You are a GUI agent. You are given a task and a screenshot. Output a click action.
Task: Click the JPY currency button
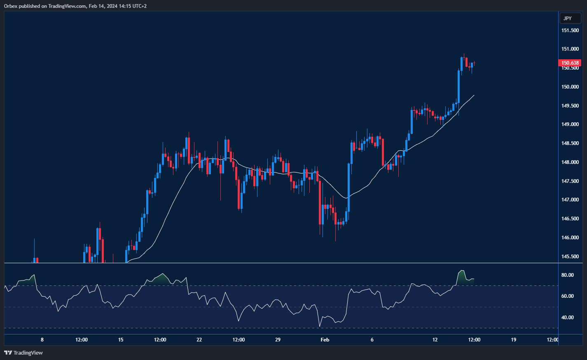[570, 19]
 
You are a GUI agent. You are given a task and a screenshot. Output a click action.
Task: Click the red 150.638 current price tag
[570, 63]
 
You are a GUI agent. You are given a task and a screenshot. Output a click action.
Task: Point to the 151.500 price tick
[570, 30]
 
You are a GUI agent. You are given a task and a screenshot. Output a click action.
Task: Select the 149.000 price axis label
[570, 124]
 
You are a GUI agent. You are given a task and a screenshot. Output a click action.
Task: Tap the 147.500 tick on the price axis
[570, 181]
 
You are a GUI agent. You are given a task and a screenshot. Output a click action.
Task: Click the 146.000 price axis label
[570, 238]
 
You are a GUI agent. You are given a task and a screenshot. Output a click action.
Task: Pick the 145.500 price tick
[570, 257]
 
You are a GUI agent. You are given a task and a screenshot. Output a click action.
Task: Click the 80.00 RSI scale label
[568, 275]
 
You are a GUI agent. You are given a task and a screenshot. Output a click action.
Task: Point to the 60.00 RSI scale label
[568, 296]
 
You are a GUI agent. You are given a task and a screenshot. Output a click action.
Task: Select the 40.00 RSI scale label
[568, 318]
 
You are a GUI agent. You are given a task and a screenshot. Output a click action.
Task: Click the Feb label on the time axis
[325, 340]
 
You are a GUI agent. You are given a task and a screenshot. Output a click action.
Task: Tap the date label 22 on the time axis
[199, 340]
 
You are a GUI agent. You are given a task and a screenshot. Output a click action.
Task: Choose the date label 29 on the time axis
[278, 340]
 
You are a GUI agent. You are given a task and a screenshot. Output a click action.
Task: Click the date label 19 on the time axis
[514, 340]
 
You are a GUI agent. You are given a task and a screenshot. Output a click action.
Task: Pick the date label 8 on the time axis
[42, 340]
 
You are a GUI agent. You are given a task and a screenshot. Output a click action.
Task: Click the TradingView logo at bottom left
[23, 353]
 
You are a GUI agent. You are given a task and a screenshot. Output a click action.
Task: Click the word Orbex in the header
[11, 6]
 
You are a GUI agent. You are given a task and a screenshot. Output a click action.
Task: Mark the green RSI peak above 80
[462, 271]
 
